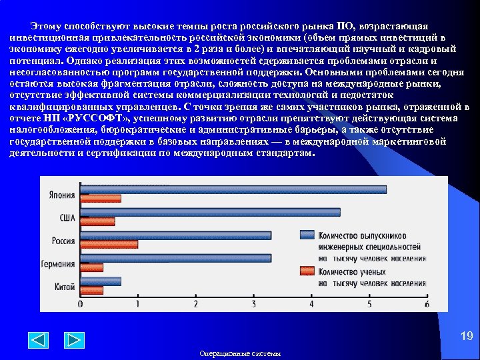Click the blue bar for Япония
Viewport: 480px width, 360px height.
pyautogui.click(x=233, y=189)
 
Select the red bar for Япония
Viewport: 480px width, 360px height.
pyautogui.click(x=101, y=199)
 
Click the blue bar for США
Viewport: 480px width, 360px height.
pyautogui.click(x=210, y=213)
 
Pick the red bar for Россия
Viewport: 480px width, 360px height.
pyautogui.click(x=109, y=244)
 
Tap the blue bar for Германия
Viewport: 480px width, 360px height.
pyautogui.click(x=175, y=258)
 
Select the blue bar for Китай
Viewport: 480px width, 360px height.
pyautogui.click(x=101, y=281)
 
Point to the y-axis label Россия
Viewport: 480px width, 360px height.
pyautogui.click(x=63, y=241)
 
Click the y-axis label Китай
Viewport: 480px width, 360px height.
pyautogui.click(x=65, y=287)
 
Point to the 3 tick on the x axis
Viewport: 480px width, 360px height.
pyautogui.click(x=253, y=305)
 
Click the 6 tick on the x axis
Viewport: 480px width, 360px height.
pyautogui.click(x=427, y=305)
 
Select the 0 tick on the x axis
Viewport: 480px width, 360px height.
pyautogui.click(x=81, y=305)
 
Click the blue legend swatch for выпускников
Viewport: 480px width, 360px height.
pyautogui.click(x=307, y=235)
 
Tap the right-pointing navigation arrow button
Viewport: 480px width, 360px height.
pyautogui.click(x=73, y=340)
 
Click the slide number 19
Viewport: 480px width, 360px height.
pyautogui.click(x=466, y=337)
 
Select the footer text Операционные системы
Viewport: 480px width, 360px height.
pyautogui.click(x=240, y=353)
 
